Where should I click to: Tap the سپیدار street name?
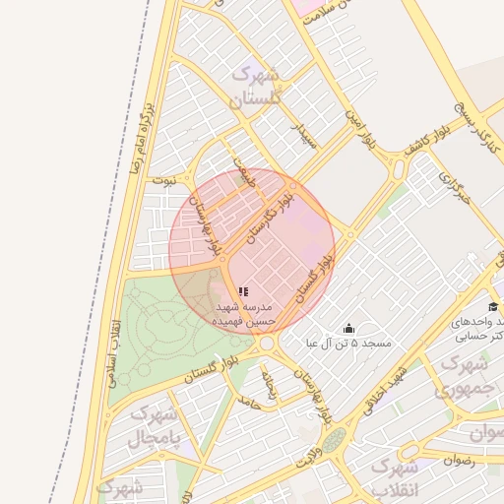(304, 133)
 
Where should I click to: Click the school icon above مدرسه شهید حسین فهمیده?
(243, 291)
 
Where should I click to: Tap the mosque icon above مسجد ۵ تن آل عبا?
(347, 329)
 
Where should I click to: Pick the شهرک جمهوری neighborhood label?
(462, 377)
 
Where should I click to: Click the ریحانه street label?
(269, 384)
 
